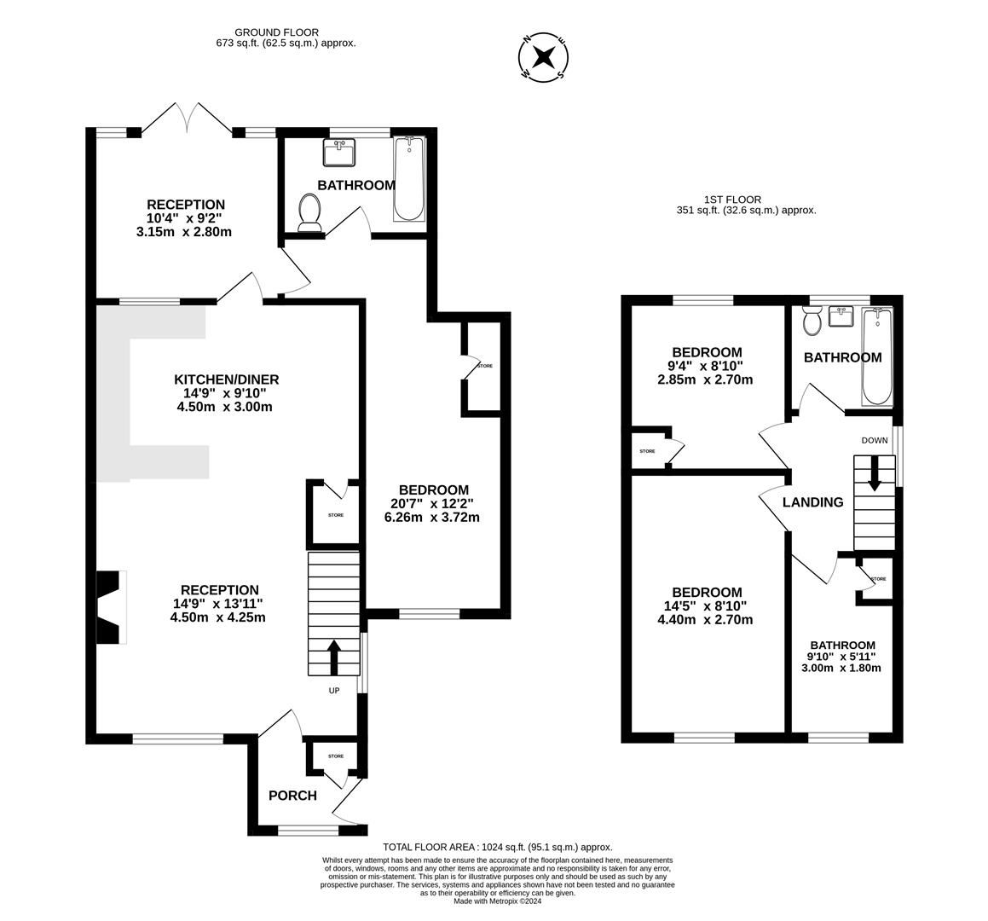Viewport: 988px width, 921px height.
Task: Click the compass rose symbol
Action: pyautogui.click(x=543, y=57)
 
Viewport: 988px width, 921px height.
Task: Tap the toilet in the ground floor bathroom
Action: pyautogui.click(x=309, y=212)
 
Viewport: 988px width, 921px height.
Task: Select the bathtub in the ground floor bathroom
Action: pyautogui.click(x=409, y=178)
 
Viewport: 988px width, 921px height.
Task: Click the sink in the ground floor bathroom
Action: pyautogui.click(x=339, y=153)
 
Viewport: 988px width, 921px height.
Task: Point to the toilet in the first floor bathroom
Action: pyautogui.click(x=812, y=321)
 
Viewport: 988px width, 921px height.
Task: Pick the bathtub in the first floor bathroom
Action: pyautogui.click(x=877, y=356)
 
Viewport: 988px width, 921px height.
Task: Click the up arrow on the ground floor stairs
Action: pyautogui.click(x=333, y=657)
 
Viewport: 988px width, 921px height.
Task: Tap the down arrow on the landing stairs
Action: pyautogui.click(x=874, y=472)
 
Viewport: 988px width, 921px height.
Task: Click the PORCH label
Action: pyautogui.click(x=292, y=796)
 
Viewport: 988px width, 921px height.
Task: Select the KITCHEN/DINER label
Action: pyautogui.click(x=226, y=379)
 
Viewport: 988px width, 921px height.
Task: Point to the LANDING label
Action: pyautogui.click(x=813, y=502)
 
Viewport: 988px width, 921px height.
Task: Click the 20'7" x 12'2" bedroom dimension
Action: pyautogui.click(x=432, y=504)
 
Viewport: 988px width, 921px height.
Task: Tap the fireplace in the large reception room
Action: pyautogui.click(x=111, y=608)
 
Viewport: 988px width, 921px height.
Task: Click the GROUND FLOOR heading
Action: pyautogui.click(x=276, y=32)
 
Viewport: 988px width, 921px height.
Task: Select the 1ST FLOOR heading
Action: pyautogui.click(x=733, y=200)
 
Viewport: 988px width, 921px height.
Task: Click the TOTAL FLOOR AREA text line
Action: pyautogui.click(x=498, y=848)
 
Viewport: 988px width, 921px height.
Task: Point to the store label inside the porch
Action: pyautogui.click(x=336, y=756)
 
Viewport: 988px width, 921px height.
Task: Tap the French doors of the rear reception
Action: pyautogui.click(x=188, y=117)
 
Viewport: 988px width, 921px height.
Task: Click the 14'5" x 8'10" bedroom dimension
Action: pyautogui.click(x=706, y=605)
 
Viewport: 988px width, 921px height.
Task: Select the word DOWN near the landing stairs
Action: pyautogui.click(x=875, y=440)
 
